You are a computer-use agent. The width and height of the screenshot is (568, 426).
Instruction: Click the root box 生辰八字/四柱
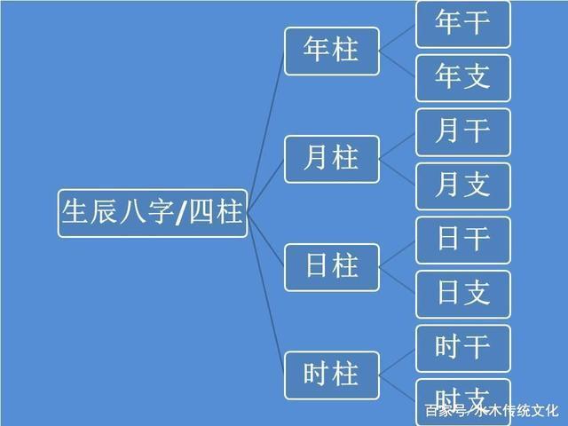153,213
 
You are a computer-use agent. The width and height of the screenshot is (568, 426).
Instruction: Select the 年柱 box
332,51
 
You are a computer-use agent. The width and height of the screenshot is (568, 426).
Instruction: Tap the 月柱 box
332,159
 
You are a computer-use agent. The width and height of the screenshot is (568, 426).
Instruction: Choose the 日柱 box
332,267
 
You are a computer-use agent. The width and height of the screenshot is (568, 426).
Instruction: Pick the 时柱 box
332,375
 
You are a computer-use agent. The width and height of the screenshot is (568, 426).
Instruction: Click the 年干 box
463,24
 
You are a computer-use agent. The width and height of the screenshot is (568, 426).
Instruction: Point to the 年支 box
463,78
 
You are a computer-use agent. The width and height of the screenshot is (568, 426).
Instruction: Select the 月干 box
463,132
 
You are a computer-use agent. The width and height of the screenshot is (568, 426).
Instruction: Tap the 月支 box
463,186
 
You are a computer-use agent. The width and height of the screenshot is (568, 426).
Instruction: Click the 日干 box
463,241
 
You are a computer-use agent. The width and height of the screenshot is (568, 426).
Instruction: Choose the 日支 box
463,294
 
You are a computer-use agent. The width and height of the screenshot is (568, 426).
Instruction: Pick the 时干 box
463,349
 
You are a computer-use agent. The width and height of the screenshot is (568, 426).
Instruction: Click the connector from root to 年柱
266,132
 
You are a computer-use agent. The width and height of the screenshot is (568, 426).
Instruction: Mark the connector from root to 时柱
266,294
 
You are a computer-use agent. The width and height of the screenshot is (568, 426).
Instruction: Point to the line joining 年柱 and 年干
398,37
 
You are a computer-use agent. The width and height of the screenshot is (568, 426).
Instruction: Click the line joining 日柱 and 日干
398,254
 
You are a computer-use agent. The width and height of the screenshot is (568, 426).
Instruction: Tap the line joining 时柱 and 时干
398,362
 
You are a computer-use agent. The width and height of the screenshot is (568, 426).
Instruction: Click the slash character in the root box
180,214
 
